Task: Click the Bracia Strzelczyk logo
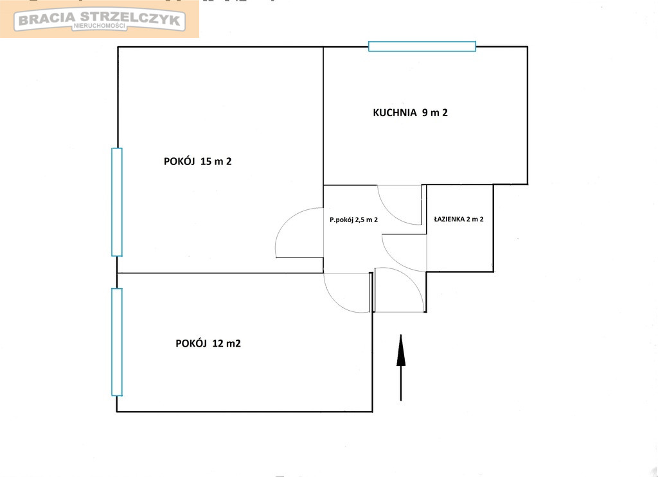point(100,21)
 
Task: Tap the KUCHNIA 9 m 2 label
point(411,112)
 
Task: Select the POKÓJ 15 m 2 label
point(198,161)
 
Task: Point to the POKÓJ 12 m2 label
point(208,343)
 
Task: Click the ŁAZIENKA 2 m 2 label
point(459,219)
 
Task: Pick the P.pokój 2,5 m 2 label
point(354,220)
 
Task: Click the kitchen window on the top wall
point(422,46)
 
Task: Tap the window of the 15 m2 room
point(117,202)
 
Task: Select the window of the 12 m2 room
point(117,342)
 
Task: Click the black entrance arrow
point(401,368)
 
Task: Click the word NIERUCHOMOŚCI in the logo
point(100,26)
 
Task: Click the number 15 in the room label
point(206,161)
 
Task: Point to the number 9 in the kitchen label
point(425,112)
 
